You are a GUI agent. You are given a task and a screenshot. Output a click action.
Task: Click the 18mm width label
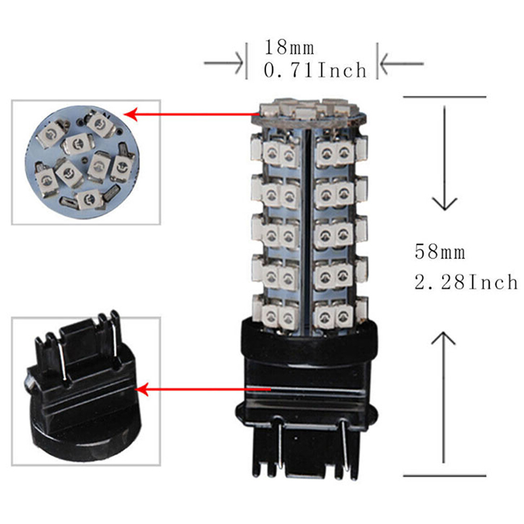290,47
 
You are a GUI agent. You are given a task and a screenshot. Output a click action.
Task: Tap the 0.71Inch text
315,70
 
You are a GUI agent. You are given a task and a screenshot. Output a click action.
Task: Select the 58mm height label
440,252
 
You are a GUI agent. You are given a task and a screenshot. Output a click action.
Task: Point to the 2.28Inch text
466,282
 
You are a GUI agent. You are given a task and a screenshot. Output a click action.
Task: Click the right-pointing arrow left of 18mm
223,63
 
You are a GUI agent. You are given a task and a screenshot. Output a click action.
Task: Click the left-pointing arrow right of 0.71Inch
402,63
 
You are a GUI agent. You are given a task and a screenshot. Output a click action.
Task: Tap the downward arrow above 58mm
445,158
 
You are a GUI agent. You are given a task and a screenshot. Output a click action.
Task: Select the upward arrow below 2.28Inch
443,397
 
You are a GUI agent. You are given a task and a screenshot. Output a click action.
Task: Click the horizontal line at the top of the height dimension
445,97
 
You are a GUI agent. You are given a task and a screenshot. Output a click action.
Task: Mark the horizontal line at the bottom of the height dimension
445,476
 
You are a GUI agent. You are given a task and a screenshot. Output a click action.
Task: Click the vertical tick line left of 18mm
247,61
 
